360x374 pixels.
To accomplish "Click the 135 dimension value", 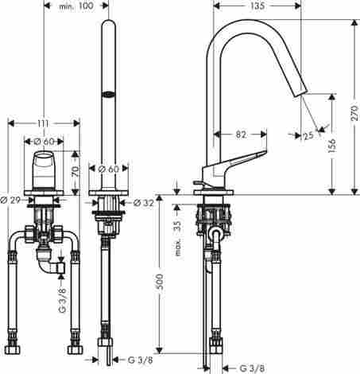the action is click(257, 6).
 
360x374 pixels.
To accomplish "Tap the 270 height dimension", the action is click(354, 113).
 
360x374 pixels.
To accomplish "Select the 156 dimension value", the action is click(331, 145).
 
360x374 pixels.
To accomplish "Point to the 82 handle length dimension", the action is click(241, 134).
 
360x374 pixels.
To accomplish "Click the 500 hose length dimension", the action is click(159, 282).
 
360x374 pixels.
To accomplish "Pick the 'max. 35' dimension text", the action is click(178, 238).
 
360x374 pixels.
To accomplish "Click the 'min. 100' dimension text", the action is click(76, 6).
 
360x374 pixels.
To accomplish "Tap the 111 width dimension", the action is click(43, 123).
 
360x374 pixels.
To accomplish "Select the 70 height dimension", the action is click(75, 172).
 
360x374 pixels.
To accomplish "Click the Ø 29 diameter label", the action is click(10, 200).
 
